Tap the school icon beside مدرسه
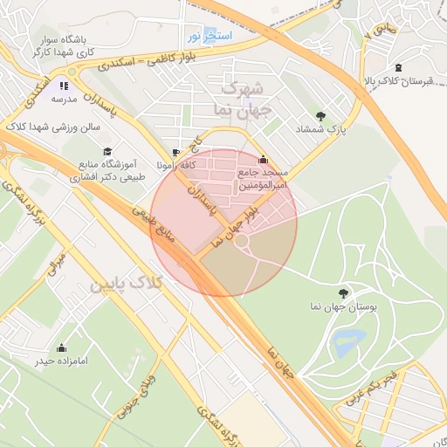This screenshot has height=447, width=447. [63, 86]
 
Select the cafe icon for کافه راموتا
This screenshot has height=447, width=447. [178, 153]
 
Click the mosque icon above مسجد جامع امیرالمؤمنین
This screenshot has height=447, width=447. [264, 160]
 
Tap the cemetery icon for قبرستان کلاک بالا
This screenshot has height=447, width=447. [399, 68]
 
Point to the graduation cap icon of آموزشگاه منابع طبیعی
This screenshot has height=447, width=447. [107, 152]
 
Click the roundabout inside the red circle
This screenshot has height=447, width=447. [242, 240]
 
